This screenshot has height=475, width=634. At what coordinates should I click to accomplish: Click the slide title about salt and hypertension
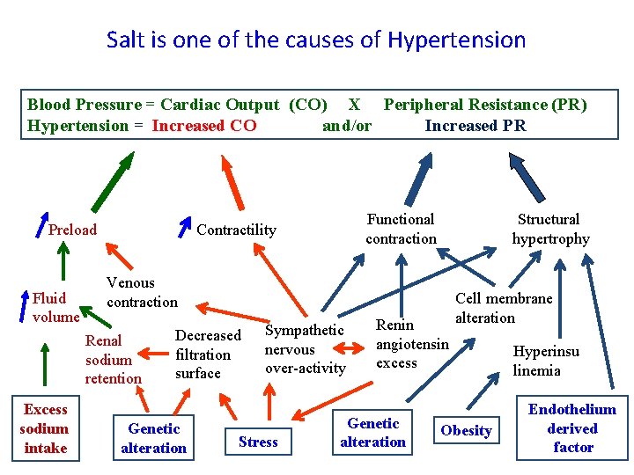[x=316, y=40]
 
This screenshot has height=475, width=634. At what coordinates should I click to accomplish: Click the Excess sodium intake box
[x=45, y=428]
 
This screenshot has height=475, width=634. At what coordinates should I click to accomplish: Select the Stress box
[x=258, y=442]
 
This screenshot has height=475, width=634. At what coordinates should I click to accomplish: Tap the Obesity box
[x=466, y=430]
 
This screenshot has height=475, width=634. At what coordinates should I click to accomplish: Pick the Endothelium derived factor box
[x=572, y=428]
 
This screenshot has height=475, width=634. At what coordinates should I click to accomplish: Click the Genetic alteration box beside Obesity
[x=373, y=433]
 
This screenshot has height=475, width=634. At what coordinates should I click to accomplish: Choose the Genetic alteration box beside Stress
[x=154, y=438]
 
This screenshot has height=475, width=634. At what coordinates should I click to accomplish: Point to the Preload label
[x=72, y=230]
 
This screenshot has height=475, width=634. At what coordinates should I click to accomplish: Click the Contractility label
[x=236, y=230]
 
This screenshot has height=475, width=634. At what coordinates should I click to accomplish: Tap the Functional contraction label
[x=401, y=229]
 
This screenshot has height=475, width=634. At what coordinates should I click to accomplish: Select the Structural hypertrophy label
[x=549, y=229]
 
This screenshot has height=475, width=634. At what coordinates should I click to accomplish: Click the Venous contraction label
[x=141, y=292]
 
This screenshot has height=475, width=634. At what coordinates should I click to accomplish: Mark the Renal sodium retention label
[x=113, y=359]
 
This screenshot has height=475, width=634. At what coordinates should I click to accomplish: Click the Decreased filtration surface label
[x=208, y=354]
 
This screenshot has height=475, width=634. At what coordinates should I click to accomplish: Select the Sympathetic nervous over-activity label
[x=305, y=349]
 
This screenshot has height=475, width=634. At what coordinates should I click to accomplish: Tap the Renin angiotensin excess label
[x=411, y=344]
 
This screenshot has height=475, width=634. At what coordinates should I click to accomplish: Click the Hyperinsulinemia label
[x=546, y=361]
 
